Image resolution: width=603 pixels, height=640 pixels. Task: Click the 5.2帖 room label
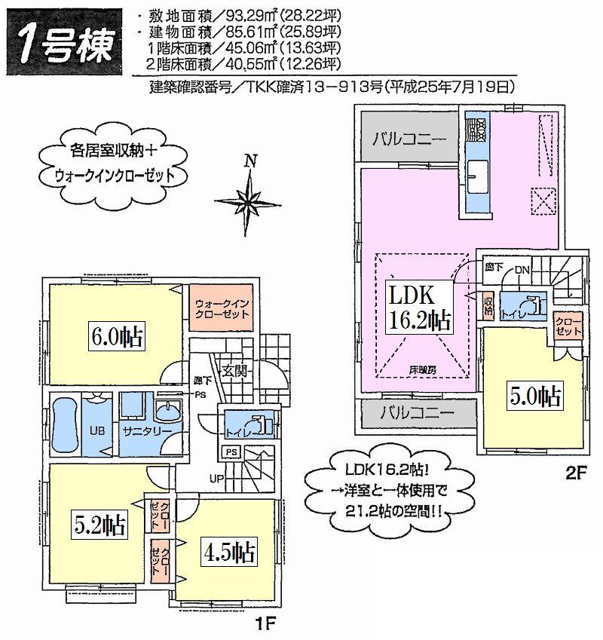99,522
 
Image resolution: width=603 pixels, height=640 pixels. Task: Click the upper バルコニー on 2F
408,139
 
